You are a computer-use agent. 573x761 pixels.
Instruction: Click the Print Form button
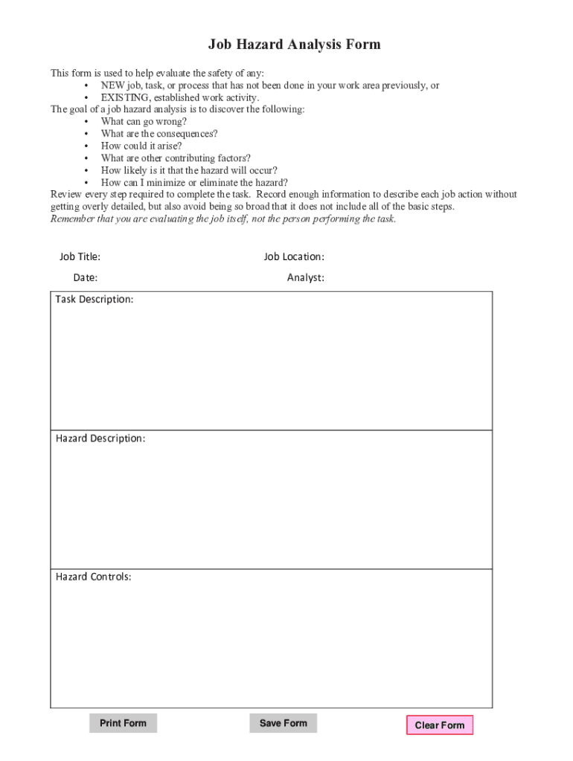[x=123, y=723]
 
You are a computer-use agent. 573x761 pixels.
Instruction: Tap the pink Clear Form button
[x=439, y=725]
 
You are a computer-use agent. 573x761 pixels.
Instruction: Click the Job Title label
[x=80, y=257]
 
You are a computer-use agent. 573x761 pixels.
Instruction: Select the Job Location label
[x=293, y=257]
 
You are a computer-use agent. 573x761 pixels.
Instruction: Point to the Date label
[x=85, y=278]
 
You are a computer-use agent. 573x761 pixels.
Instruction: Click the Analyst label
[x=305, y=278]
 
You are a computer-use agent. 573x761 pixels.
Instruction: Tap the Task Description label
[x=95, y=299]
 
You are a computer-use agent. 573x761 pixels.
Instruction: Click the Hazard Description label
[x=100, y=438]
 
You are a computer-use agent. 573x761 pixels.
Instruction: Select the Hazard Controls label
[x=93, y=577]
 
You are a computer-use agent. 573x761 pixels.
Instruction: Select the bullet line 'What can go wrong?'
[x=144, y=122]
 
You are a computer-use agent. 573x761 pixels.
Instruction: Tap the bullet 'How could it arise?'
[x=141, y=146]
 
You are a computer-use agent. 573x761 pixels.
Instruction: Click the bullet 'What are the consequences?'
[x=159, y=134]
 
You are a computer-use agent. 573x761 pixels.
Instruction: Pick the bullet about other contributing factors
[x=176, y=158]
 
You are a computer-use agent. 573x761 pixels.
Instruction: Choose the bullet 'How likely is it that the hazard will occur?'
[x=189, y=170]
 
